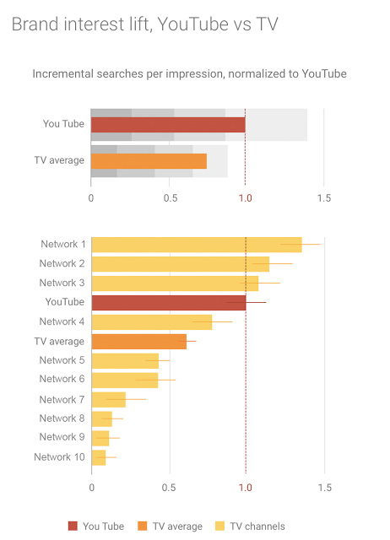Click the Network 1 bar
coord(196,245)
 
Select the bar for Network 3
coord(175,283)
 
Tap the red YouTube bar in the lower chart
coord(168,302)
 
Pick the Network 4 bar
coord(151,321)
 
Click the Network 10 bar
coord(99,457)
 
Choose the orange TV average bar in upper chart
coord(149,160)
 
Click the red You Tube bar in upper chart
coord(168,125)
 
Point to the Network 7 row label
coord(62,399)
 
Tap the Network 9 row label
coord(62,437)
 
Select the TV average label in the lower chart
coord(59,342)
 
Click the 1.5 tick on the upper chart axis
coord(323,198)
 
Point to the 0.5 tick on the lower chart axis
coord(169,488)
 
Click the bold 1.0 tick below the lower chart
coord(246,488)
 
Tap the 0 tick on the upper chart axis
coord(91,198)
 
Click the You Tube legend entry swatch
coord(73,526)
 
